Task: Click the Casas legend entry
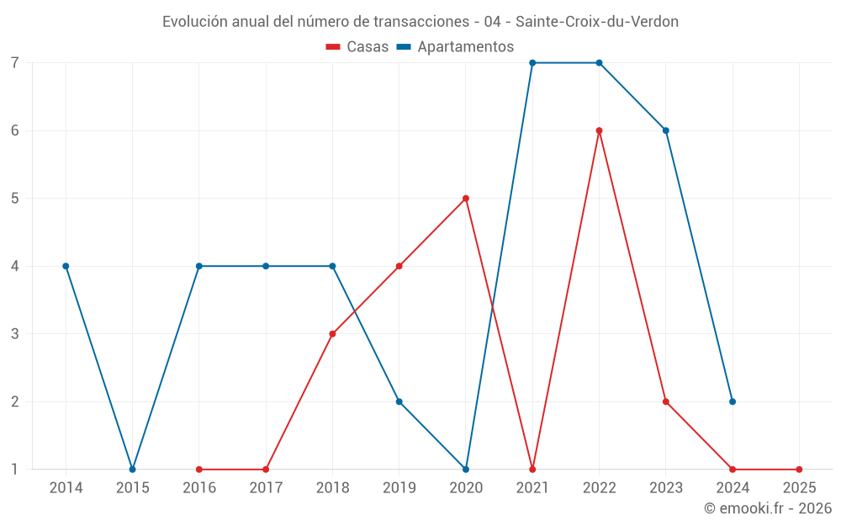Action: [x=357, y=47]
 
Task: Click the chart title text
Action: [x=420, y=22]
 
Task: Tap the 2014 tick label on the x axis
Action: [x=66, y=487]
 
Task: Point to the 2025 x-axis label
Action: [x=799, y=487]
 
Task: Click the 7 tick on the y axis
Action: [x=15, y=63]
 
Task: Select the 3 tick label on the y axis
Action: [x=15, y=334]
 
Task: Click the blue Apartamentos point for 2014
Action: [x=66, y=266]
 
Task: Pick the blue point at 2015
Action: [x=132, y=470]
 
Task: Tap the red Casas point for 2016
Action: [x=199, y=470]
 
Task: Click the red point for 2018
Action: [x=332, y=334]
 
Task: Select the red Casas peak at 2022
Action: [x=599, y=130]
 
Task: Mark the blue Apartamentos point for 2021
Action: [x=532, y=63]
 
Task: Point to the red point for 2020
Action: [x=466, y=199]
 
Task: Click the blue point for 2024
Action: [x=733, y=401]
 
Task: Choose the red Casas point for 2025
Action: [x=799, y=470]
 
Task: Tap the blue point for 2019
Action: [x=399, y=401]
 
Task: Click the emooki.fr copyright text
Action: [x=768, y=508]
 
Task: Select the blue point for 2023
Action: [x=666, y=130]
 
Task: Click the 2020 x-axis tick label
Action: [x=466, y=487]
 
